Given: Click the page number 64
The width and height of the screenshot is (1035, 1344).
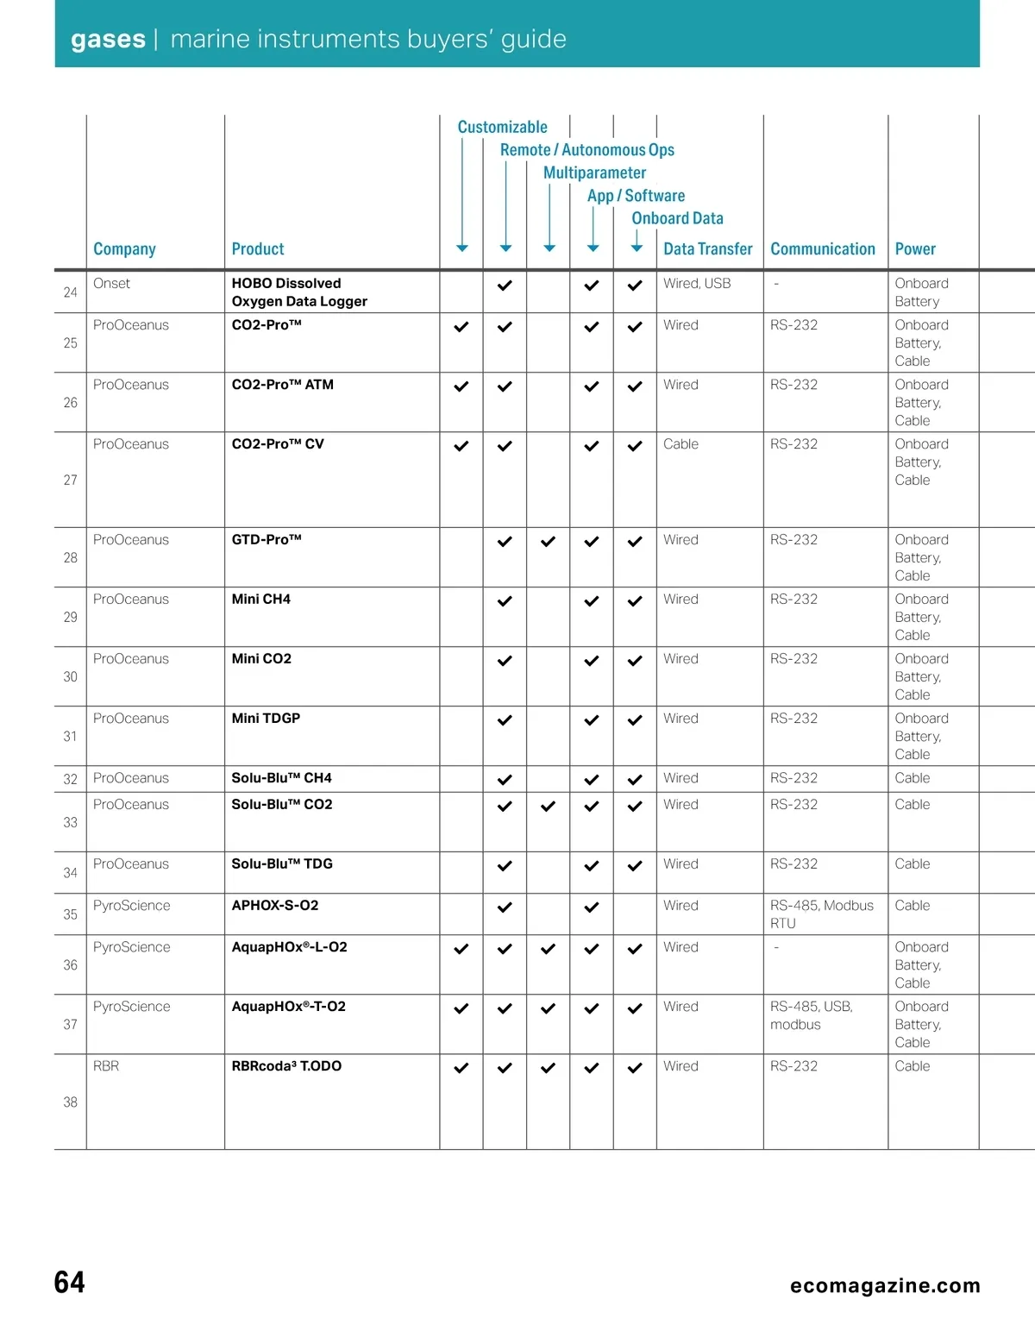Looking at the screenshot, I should tap(69, 1282).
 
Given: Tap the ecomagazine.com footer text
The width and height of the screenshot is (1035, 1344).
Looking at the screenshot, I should tap(885, 1285).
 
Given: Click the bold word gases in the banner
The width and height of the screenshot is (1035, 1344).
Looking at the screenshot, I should tap(108, 39).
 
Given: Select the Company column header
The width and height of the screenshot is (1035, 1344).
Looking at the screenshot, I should tap(124, 248).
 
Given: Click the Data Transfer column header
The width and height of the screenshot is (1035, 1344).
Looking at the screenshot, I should tap(707, 248).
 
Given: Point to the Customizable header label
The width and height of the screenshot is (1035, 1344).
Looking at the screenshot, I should tap(502, 127).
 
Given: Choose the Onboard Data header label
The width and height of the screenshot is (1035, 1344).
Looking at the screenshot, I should tap(677, 218).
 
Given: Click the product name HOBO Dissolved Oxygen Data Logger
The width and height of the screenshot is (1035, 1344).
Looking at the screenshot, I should tap(299, 292).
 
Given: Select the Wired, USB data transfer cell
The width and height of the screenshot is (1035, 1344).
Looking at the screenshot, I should tap(697, 283).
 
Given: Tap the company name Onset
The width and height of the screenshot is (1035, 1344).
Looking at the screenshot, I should tap(111, 283).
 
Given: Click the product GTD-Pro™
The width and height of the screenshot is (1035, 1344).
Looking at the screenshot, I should tap(267, 539).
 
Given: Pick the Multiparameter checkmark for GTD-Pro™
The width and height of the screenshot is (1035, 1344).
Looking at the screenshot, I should tap(548, 542).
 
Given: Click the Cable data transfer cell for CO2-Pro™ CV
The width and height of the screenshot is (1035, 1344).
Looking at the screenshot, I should tap(681, 443).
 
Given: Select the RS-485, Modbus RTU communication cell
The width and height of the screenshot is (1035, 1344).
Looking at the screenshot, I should tap(821, 914).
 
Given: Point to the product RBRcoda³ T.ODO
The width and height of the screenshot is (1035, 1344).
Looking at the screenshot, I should tap(286, 1065).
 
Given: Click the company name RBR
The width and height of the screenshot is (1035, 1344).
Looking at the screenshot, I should tap(106, 1065).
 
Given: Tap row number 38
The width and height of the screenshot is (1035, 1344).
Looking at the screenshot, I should tap(70, 1102).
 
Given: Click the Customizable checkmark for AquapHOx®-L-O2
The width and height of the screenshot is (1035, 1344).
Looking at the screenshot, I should tap(461, 949).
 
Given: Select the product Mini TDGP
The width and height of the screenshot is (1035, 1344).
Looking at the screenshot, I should tap(266, 718).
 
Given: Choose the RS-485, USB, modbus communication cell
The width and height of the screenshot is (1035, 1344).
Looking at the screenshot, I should tap(811, 1015).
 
